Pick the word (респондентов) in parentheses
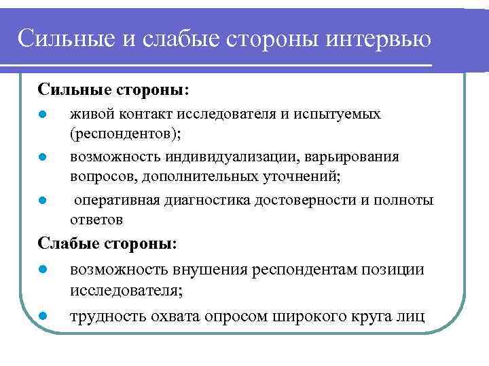[x=124, y=134]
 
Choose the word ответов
[x=96, y=220]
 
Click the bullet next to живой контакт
[x=41, y=114]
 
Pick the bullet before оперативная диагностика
[x=41, y=201]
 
